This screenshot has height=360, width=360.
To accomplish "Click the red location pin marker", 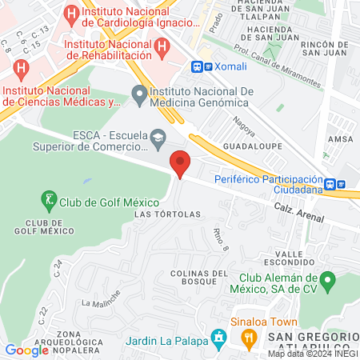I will coord(180,164).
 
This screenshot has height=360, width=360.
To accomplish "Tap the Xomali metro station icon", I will coord(197,66).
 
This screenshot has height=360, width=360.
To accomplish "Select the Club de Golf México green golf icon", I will coord(49,198).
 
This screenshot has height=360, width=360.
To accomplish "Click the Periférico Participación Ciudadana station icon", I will coord(342,184).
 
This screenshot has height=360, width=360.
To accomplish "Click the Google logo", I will coord(26,350).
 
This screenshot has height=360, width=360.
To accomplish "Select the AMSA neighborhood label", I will coord(340,138).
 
